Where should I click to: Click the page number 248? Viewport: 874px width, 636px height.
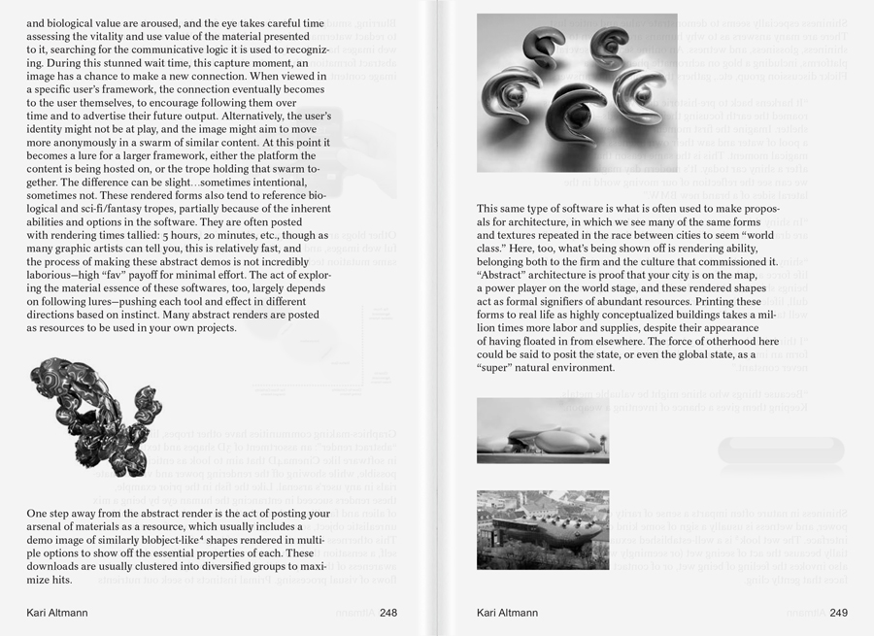click(x=388, y=613)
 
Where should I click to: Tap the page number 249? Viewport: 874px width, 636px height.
click(x=839, y=613)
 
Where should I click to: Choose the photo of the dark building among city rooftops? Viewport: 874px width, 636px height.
click(x=542, y=529)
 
